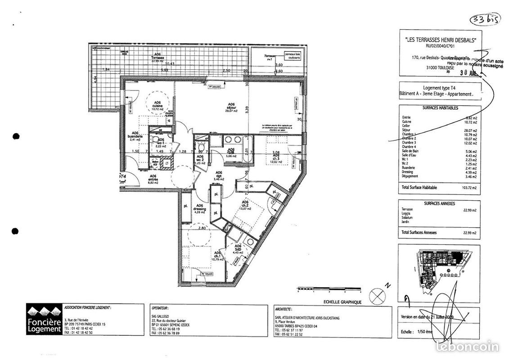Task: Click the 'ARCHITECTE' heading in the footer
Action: point(283,309)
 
